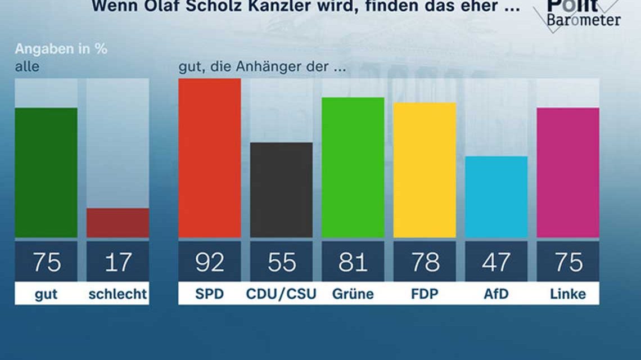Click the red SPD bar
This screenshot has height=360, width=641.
[x=209, y=158]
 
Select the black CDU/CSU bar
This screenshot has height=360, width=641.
[x=281, y=190]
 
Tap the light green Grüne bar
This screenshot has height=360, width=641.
[x=353, y=168]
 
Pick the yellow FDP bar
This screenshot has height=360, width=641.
[x=424, y=170]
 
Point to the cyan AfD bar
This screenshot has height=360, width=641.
[x=496, y=197]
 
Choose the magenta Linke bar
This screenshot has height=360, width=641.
[x=567, y=173]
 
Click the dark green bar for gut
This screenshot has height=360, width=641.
[x=46, y=173]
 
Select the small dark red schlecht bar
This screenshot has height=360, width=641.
[x=118, y=223]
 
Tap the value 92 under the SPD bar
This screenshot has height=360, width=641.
[x=209, y=262]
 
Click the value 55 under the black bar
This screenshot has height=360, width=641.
[x=281, y=262]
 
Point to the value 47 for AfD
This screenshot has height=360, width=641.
[x=496, y=262]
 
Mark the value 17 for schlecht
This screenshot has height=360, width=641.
[x=118, y=262]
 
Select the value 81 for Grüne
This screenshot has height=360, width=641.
[x=353, y=262]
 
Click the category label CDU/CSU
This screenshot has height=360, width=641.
[x=281, y=294]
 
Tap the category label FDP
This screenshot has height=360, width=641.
[x=424, y=294]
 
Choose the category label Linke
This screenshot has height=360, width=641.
[x=567, y=294]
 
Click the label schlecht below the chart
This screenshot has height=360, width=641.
[x=118, y=294]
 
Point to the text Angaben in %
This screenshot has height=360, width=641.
[x=61, y=49]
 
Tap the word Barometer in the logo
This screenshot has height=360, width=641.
[x=585, y=20]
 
